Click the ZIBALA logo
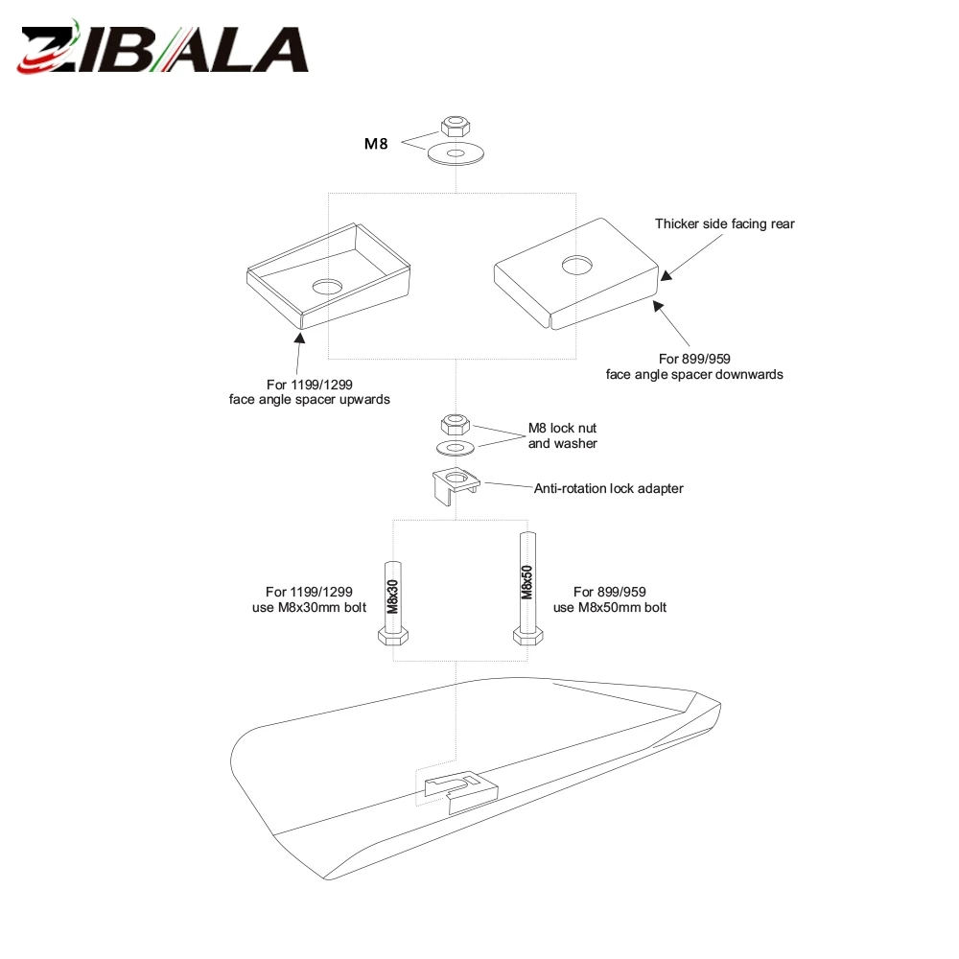tap(163, 48)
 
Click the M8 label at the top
tap(376, 144)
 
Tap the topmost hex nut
tap(456, 126)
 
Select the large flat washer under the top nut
tap(456, 152)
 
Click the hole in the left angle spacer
tap(327, 287)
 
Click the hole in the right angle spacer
tap(576, 265)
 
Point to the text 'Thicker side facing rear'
tap(725, 223)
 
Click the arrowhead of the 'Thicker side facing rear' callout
tap(667, 275)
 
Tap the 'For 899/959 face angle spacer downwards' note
tap(694, 366)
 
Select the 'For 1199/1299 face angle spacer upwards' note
tap(310, 392)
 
